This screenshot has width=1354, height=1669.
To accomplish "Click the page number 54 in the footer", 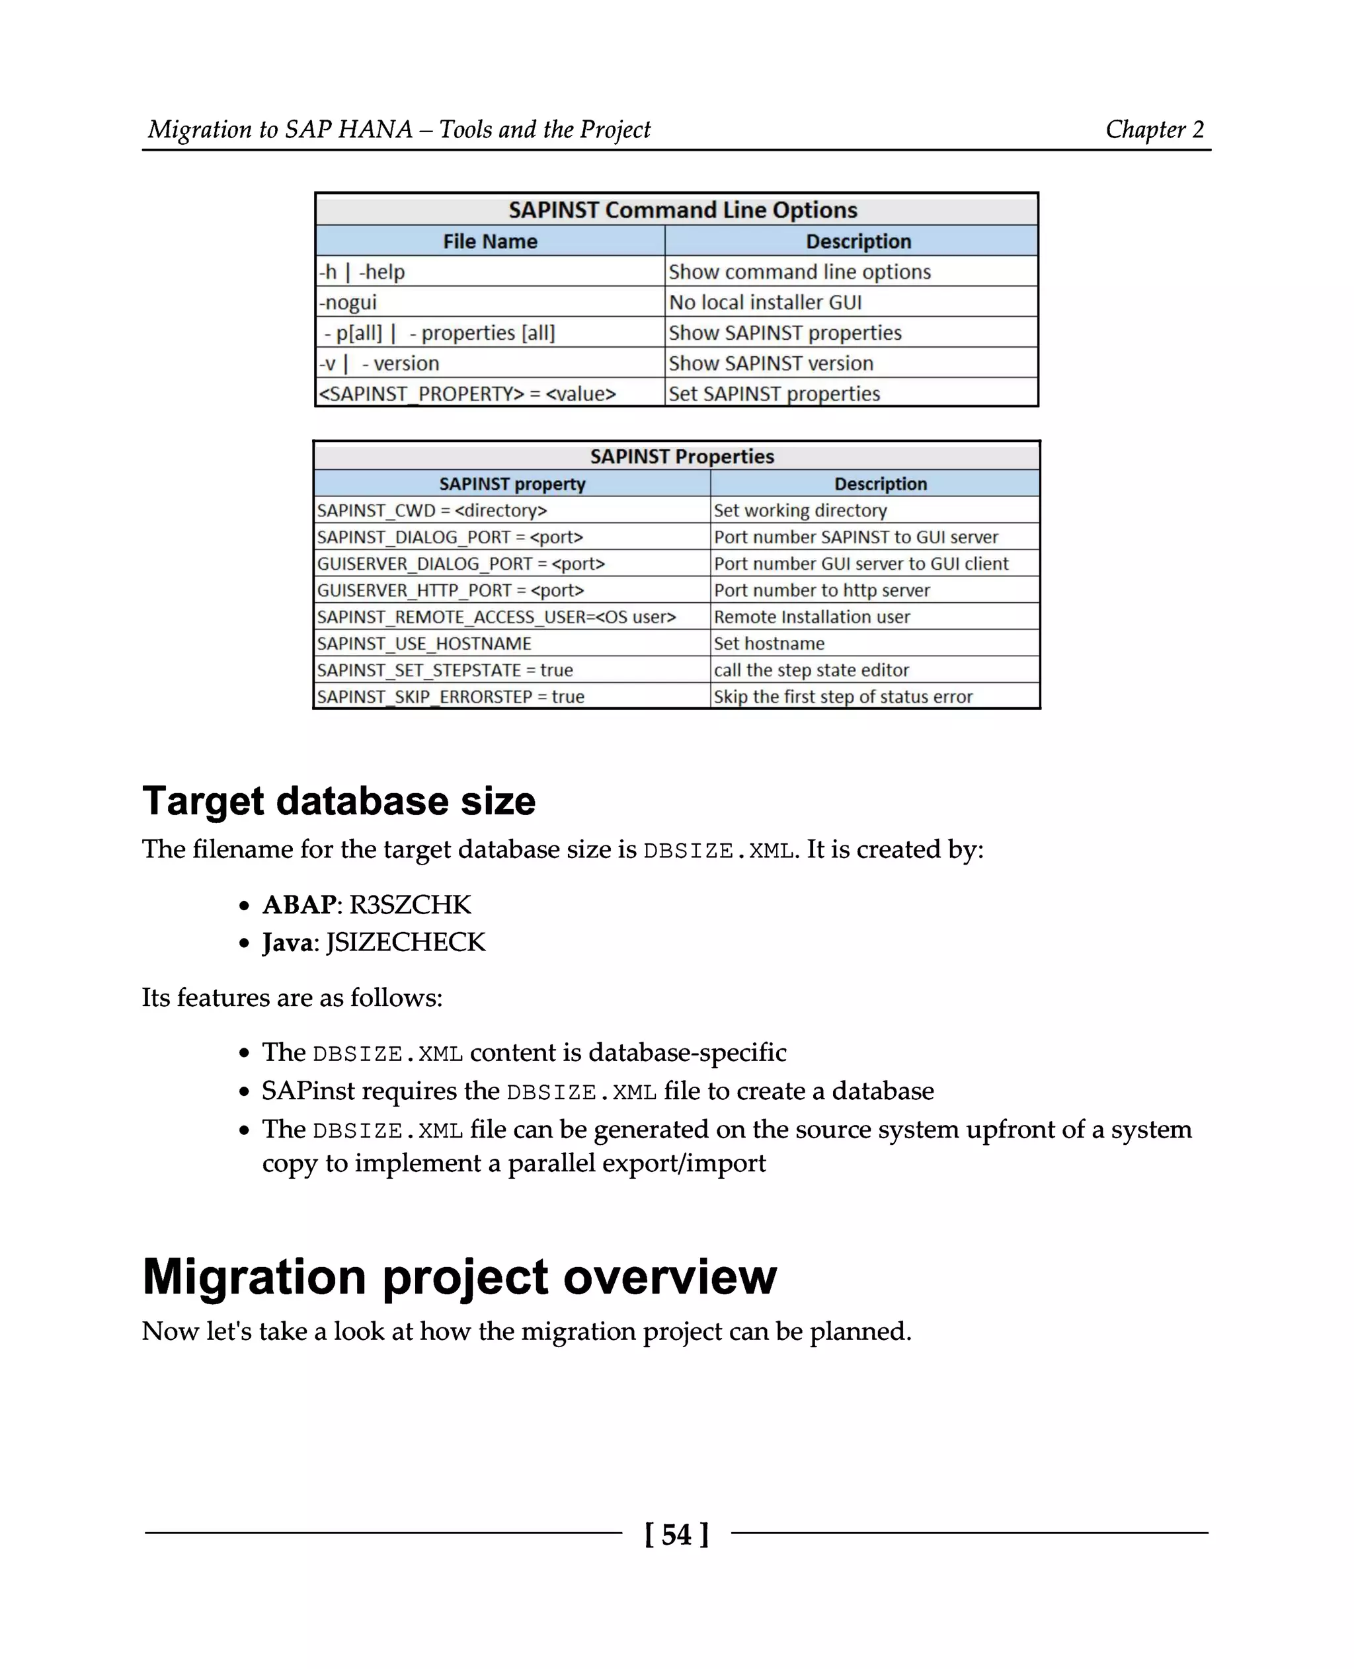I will pyautogui.click(x=676, y=1534).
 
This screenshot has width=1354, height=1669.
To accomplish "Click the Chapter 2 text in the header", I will pyautogui.click(x=1154, y=129).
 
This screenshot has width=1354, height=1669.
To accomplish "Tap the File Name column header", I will pyautogui.click(x=490, y=241).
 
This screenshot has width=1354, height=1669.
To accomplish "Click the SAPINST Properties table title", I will pyautogui.click(x=682, y=456).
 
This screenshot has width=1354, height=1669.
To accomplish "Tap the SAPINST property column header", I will pyautogui.click(x=512, y=484).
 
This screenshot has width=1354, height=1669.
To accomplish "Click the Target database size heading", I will pyautogui.click(x=338, y=801).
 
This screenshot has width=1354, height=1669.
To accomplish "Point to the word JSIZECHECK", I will pyautogui.click(x=405, y=942).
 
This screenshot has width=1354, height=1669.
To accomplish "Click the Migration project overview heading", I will pyautogui.click(x=459, y=1277).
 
